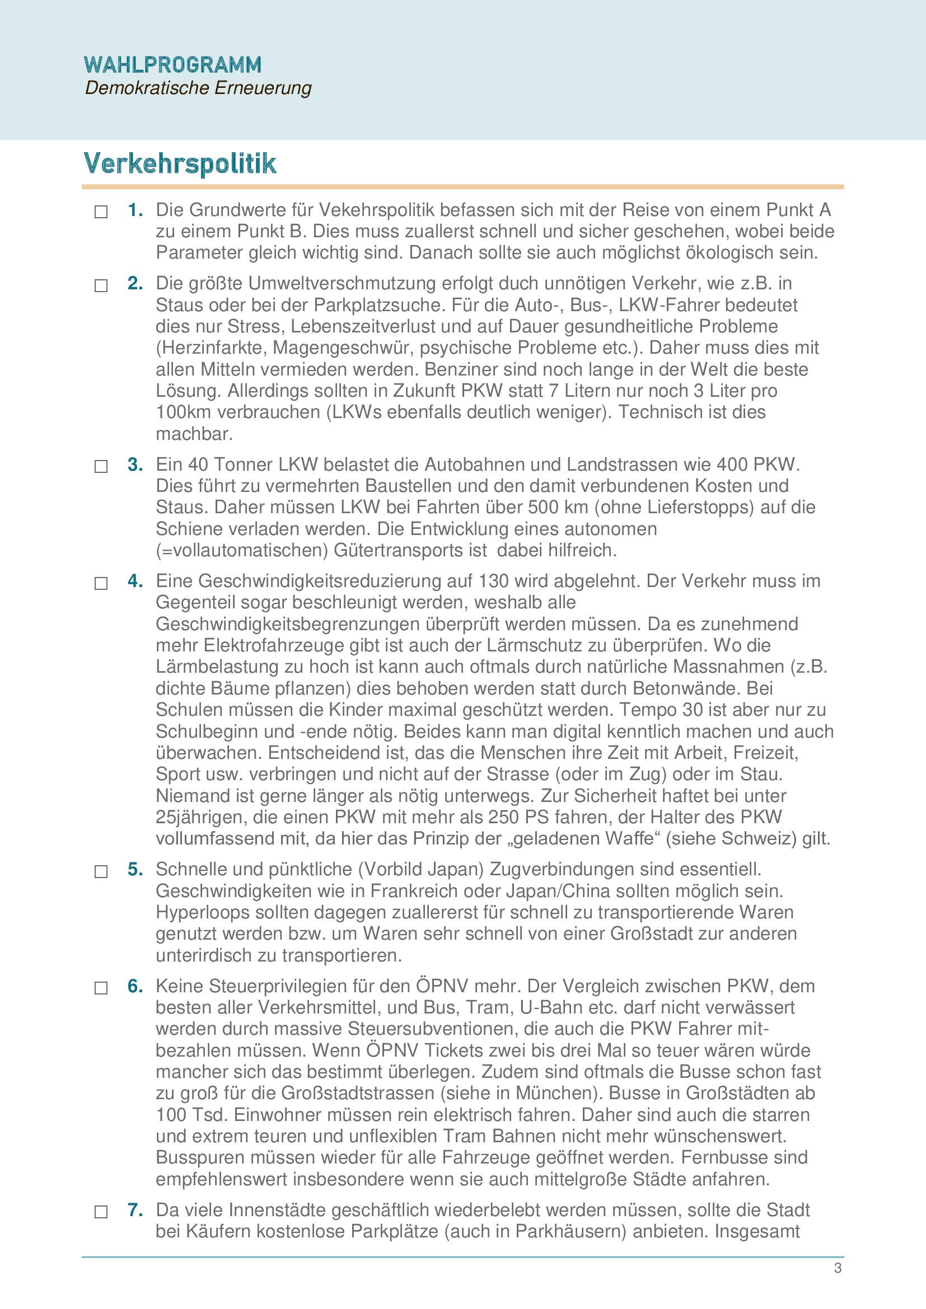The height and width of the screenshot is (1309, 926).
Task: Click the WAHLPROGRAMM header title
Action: [x=172, y=65]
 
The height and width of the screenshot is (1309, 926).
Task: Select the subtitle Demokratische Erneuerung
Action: [x=198, y=88]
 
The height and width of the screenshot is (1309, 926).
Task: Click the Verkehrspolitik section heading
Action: [x=180, y=163]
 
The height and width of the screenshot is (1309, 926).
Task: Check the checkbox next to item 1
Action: [x=101, y=212]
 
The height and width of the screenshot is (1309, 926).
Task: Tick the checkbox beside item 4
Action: [x=101, y=583]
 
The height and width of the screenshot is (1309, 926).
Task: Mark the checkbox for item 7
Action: [x=101, y=1212]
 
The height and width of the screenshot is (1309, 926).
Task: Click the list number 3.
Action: [x=134, y=465]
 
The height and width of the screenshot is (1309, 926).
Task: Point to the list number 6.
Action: [x=134, y=986]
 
